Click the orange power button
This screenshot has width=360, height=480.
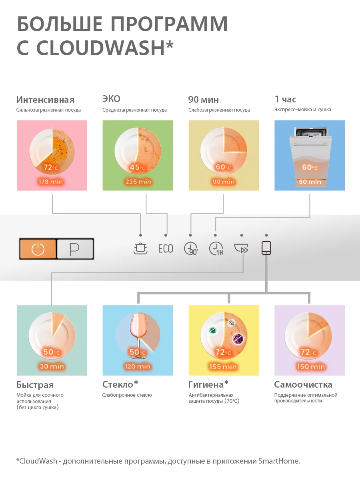point(38,249)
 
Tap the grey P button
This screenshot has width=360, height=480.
point(75,249)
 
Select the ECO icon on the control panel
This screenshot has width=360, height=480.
point(166,249)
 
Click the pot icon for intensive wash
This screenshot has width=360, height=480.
point(140,248)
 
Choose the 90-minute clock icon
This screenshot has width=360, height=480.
point(191,249)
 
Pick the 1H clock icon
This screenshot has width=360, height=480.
point(216,249)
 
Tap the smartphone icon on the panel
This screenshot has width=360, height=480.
point(266,248)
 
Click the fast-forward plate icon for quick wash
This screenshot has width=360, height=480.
point(241,248)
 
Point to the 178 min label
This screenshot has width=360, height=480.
point(51,182)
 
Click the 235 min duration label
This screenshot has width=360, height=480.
point(138,182)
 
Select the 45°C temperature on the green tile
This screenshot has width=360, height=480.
point(138,168)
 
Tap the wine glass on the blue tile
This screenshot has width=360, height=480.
point(138,336)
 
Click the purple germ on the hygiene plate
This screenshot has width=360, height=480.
point(238,339)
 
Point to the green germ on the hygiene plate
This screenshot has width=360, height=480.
point(213,330)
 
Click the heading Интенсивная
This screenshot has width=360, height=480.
point(45,100)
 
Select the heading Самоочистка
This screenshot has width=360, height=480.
point(303,385)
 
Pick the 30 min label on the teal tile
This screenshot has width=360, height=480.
point(52,366)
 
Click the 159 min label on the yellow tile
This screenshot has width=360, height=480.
point(223,366)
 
